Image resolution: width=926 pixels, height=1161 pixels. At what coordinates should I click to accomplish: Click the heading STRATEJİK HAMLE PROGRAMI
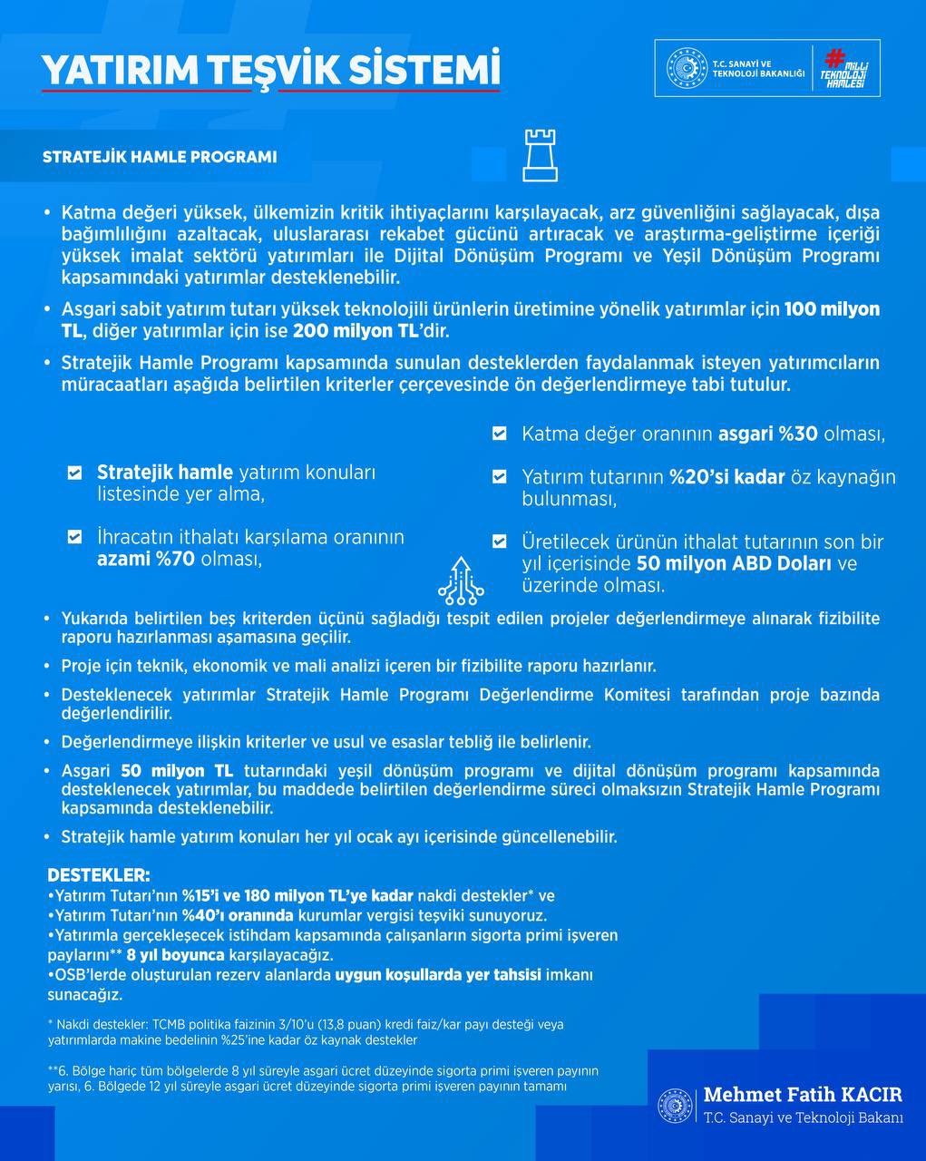tap(160, 157)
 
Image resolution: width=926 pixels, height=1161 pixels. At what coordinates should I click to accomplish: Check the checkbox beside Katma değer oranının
tap(499, 434)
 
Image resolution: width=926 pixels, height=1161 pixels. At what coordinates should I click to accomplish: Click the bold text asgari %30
tap(768, 434)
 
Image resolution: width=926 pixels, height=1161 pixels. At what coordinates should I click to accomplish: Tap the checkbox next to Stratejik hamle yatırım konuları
tap(75, 473)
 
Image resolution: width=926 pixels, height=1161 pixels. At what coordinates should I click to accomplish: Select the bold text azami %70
tap(146, 559)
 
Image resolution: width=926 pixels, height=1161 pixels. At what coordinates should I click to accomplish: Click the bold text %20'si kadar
tap(726, 476)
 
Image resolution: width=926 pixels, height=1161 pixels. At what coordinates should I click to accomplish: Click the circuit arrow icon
tap(461, 580)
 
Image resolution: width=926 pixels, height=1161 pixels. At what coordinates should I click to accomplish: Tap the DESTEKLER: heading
tap(98, 875)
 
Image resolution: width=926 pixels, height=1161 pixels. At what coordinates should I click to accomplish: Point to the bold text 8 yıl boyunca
tap(176, 955)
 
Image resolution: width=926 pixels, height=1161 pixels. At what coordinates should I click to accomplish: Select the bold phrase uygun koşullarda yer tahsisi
tap(438, 975)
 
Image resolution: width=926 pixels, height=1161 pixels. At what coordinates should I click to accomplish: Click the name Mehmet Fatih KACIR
tap(803, 1095)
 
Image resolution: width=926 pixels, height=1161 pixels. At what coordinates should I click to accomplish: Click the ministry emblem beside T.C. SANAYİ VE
tap(687, 69)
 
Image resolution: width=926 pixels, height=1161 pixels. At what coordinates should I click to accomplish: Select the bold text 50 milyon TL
tap(178, 771)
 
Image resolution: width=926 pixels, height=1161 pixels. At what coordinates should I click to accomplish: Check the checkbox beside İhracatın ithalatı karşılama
tap(75, 537)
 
